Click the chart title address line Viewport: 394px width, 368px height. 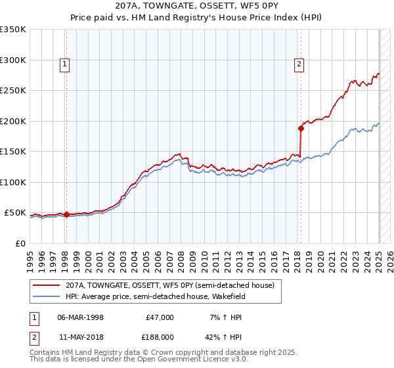coord(197,5)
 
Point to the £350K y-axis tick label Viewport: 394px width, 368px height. coord(13,30)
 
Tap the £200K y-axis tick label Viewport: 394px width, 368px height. coord(13,121)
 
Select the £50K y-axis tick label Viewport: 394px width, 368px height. coord(15,213)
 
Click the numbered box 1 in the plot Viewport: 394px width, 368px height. coord(66,64)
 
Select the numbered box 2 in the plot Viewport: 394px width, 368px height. coord(299,64)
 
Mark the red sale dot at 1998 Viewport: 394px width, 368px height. coord(66,214)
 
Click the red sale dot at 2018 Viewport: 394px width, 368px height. coord(301,128)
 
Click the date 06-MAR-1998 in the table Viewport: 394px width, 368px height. coord(80,317)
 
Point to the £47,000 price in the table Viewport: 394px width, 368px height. coord(160,317)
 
